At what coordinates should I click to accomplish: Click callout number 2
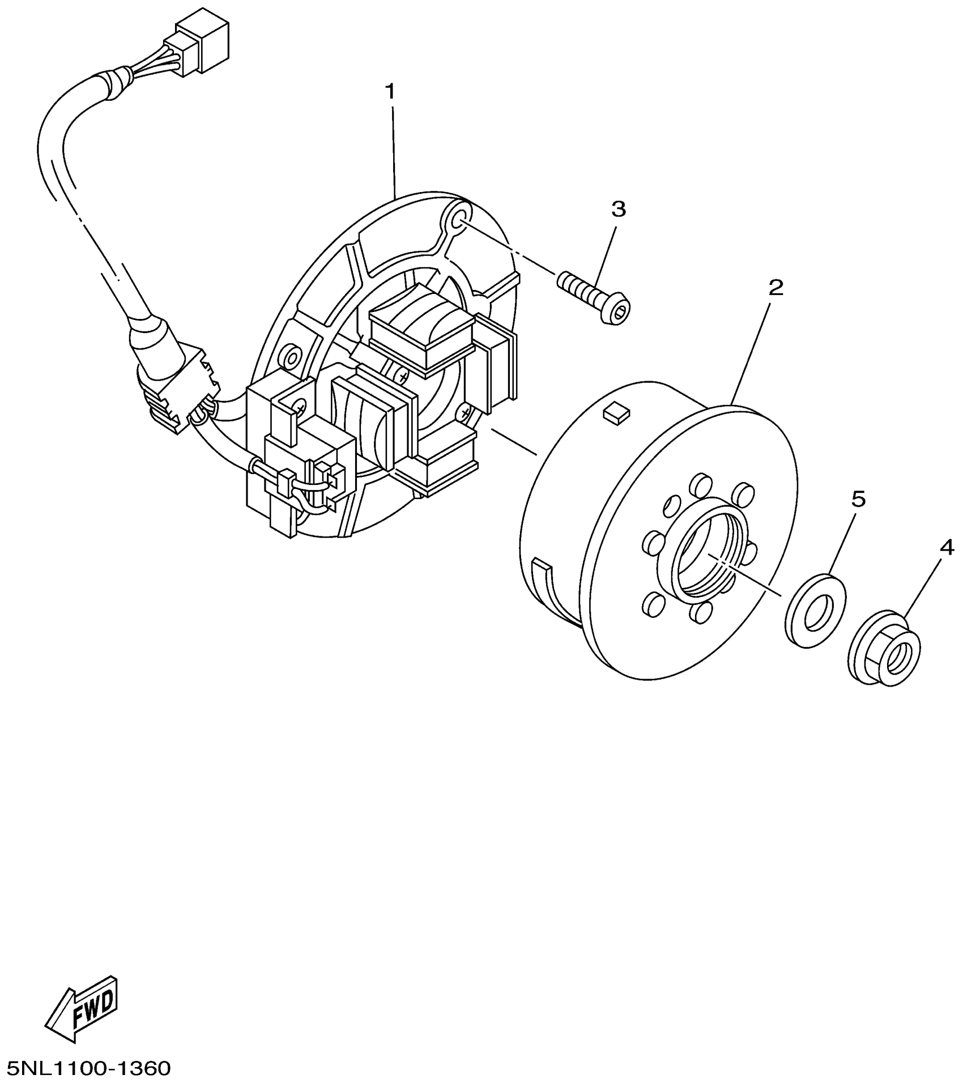tap(775, 288)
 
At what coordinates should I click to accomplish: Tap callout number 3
tap(619, 209)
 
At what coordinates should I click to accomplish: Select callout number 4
tap(947, 547)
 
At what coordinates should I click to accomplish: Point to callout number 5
tap(859, 499)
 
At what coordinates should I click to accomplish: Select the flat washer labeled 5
tap(816, 609)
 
